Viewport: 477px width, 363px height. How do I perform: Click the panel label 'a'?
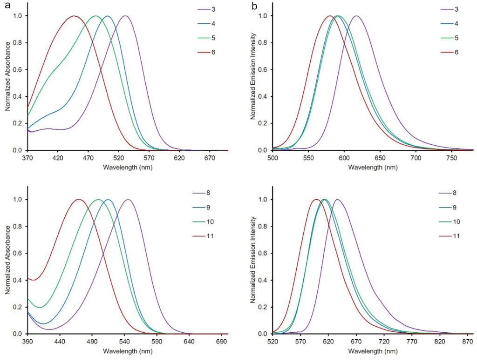(8, 7)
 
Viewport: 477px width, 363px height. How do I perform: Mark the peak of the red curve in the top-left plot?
(74, 16)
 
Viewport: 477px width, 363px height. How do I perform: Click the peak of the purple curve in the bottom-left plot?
(128, 200)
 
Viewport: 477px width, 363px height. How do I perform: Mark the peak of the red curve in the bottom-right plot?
(316, 200)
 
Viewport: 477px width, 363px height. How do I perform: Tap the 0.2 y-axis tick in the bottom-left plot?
(19, 307)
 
